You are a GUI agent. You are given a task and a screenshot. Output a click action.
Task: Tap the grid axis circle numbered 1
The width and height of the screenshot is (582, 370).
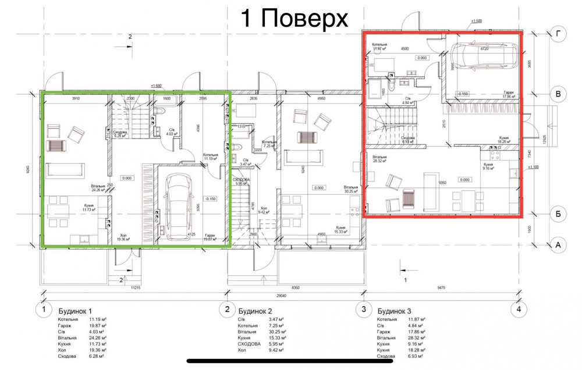coord(42,309)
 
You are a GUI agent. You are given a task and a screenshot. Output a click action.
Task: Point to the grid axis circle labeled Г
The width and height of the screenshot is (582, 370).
coord(558,35)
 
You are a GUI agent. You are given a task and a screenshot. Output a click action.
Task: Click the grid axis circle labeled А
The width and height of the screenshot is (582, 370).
coord(558,246)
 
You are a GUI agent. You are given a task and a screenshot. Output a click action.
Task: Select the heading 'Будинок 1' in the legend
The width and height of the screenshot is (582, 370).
coord(75,311)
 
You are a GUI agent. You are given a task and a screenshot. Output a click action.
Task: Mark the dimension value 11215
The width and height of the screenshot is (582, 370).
coord(136,287)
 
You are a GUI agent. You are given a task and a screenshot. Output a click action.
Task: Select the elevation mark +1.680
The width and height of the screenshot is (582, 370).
coord(156,86)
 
